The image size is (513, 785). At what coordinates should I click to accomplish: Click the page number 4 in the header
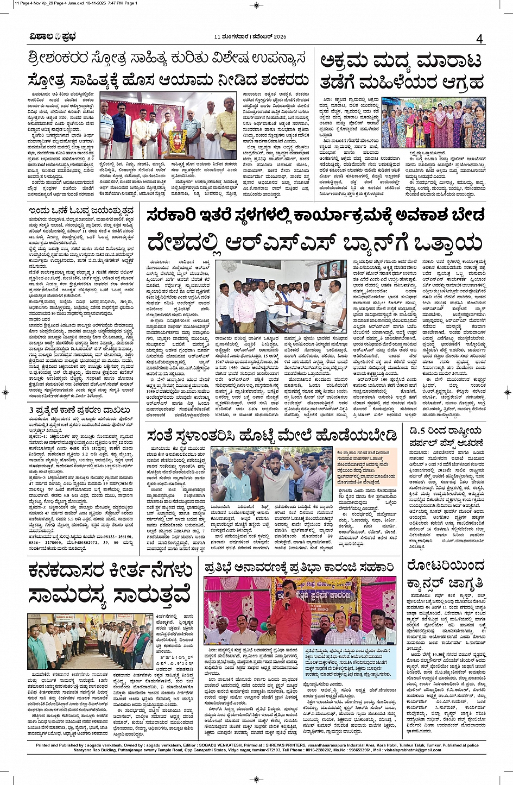pyautogui.click(x=479, y=39)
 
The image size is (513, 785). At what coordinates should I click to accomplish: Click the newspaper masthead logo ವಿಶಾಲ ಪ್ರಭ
pyautogui.click(x=53, y=37)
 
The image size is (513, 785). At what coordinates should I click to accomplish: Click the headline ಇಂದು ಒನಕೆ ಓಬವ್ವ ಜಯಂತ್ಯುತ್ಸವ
pyautogui.click(x=81, y=210)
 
